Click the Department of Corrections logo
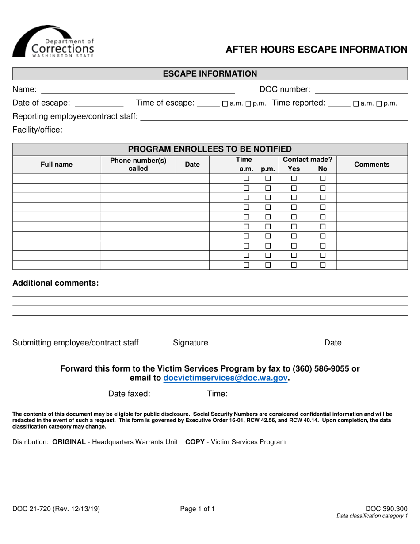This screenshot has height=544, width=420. click(x=53, y=42)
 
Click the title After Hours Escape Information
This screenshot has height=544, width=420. click(x=317, y=50)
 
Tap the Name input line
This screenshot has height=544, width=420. click(x=137, y=90)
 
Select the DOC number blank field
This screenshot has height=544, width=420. click(x=360, y=90)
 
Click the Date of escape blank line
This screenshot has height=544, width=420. click(x=99, y=104)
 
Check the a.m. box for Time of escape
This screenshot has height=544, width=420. click(x=225, y=104)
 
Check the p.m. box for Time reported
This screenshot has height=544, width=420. click(x=378, y=104)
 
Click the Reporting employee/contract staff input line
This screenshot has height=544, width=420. click(x=274, y=117)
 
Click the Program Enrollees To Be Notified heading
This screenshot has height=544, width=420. click(x=210, y=149)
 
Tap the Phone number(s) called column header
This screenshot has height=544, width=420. click(x=138, y=164)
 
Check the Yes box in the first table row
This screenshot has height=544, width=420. click(x=294, y=179)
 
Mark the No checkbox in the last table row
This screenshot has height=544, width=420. click(x=323, y=265)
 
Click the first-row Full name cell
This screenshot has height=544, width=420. click(x=57, y=179)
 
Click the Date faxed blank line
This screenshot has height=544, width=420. click(x=177, y=395)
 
